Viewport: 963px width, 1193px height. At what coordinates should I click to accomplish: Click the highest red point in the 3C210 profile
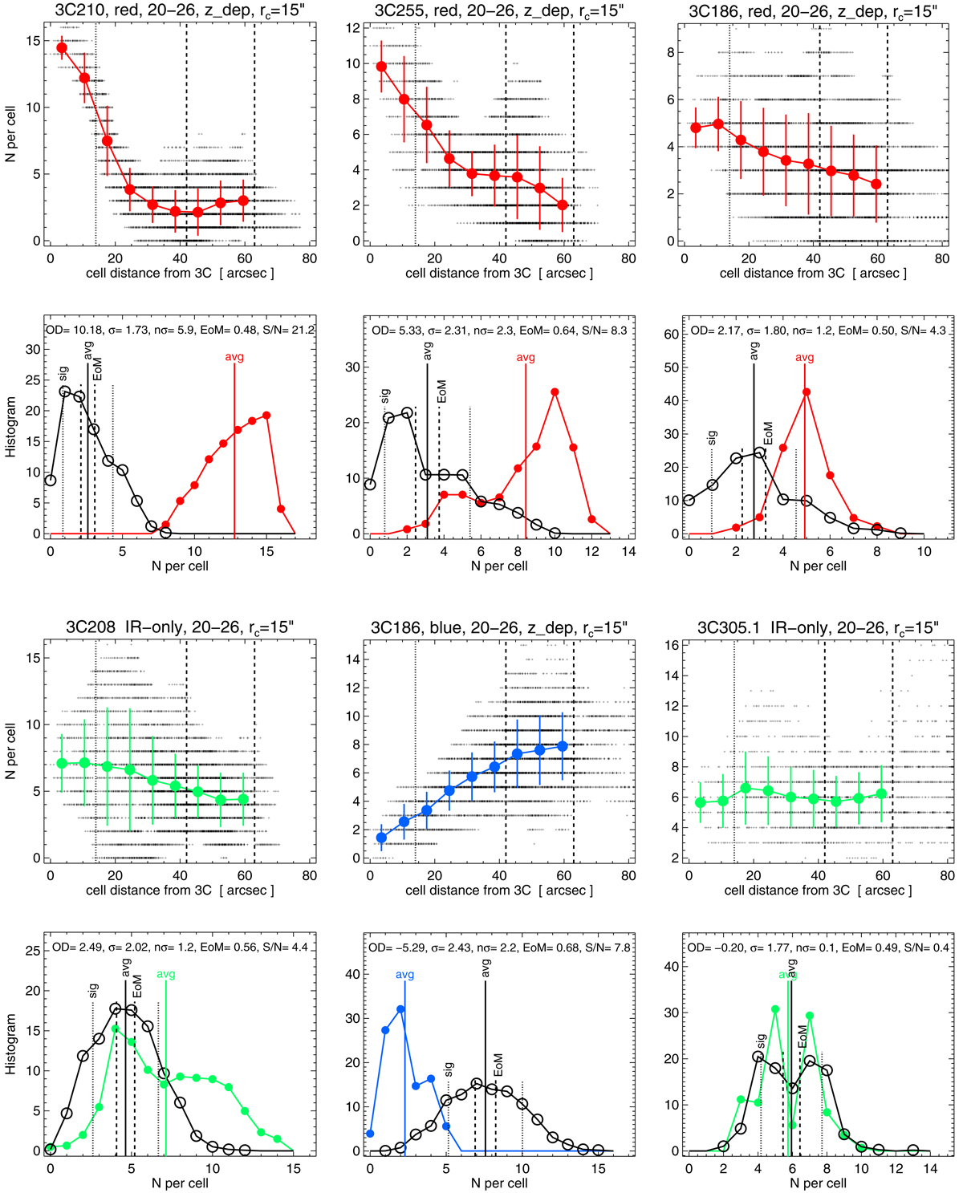tap(62, 48)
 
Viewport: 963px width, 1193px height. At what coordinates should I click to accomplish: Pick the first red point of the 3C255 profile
tap(381, 67)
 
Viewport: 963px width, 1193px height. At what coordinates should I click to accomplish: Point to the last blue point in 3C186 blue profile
tap(563, 746)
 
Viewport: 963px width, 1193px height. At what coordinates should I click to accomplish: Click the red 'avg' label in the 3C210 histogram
tap(234, 357)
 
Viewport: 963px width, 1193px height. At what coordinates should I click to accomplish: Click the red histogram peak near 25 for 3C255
tap(555, 392)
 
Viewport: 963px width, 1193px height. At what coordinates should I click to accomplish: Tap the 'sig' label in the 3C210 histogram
tap(63, 373)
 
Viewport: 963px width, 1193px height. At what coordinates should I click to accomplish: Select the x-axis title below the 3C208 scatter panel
tap(180, 890)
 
